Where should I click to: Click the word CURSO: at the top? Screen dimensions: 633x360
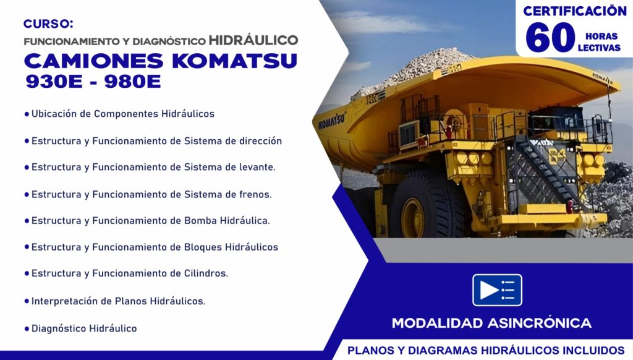[48, 24]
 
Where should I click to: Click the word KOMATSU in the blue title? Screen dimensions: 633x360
[234, 61]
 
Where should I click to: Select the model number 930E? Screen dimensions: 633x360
[54, 82]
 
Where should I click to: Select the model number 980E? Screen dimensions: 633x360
[132, 82]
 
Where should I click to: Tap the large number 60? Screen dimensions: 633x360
[550, 37]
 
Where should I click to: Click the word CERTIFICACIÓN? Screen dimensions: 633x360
[574, 11]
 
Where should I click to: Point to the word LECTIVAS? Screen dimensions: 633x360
[599, 48]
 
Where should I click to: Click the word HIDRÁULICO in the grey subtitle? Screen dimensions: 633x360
[253, 40]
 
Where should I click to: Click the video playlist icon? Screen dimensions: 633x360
[498, 290]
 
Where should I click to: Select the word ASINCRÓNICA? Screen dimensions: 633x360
[539, 323]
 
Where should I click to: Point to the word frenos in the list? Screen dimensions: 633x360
[254, 194]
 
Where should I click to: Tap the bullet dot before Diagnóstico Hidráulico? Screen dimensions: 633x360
[27, 329]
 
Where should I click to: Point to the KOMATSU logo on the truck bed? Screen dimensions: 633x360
[331, 121]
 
